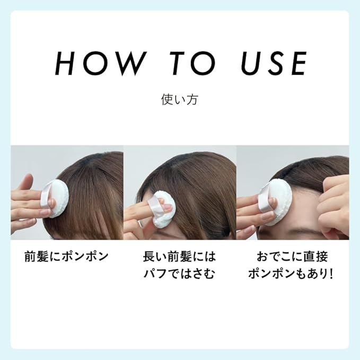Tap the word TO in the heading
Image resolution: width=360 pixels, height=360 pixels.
(191, 64)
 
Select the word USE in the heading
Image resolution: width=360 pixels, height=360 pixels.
(274, 64)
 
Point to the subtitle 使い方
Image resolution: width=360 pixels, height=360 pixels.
(180, 100)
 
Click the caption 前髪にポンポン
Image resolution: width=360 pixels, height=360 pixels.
(66, 257)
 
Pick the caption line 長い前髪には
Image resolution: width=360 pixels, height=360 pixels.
(180, 257)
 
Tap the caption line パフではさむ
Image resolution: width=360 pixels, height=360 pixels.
(180, 275)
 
